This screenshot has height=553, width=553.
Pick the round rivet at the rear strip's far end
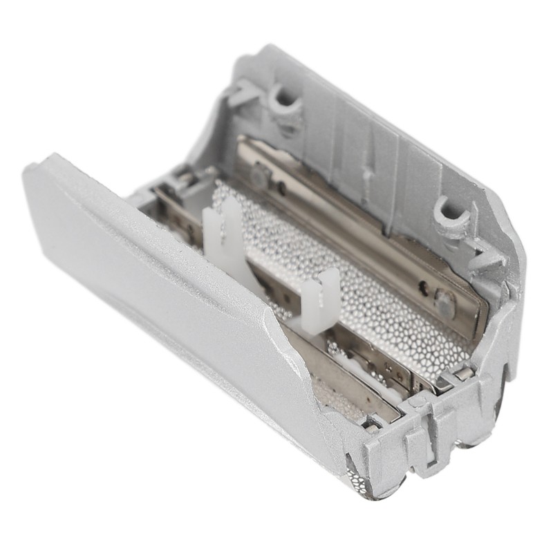(x=259, y=176)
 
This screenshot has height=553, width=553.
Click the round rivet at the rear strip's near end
(x=444, y=302)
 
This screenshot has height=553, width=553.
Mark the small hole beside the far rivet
(x=282, y=187)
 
